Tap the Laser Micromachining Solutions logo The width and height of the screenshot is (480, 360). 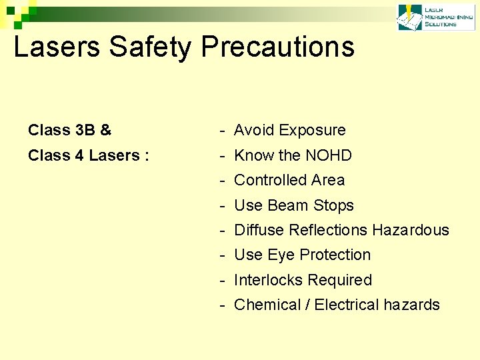click(428, 17)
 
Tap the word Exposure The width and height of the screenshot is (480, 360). click(313, 130)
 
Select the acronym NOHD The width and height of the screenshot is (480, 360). click(329, 155)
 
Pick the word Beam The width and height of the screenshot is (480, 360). click(289, 205)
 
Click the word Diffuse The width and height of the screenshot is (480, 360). click(259, 230)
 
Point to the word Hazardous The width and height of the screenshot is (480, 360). click(411, 230)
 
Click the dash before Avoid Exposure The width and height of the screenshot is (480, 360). click(221, 131)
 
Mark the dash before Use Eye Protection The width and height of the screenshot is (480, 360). click(221, 255)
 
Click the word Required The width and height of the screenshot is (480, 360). click(340, 280)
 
